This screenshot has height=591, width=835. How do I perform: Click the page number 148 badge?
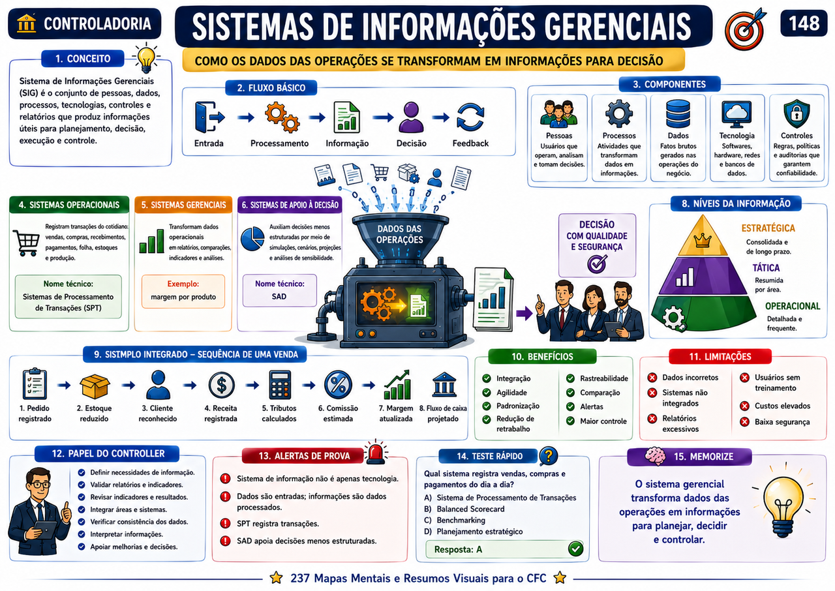click(803, 23)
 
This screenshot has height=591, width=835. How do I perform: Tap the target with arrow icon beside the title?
click(745, 29)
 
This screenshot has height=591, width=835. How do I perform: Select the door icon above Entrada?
click(209, 117)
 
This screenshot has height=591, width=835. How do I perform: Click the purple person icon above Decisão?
click(411, 117)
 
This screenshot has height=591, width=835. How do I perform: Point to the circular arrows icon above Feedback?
click(470, 117)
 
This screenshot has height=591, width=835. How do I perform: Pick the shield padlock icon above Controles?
click(797, 114)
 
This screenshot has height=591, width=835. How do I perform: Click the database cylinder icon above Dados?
click(678, 114)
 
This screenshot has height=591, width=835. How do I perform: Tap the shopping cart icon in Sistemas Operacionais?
click(27, 243)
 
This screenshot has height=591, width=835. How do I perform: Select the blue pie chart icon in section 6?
click(252, 239)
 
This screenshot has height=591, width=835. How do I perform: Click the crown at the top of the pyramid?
click(703, 240)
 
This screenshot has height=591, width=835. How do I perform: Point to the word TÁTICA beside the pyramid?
click(766, 267)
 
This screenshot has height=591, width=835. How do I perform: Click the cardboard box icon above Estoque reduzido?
click(95, 386)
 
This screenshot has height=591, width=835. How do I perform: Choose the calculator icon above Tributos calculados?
click(280, 385)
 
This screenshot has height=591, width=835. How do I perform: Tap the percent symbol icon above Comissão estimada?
click(338, 385)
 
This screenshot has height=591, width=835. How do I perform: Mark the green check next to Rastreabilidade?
click(570, 378)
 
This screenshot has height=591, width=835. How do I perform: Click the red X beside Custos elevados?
click(744, 406)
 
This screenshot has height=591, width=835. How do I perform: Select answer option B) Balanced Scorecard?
click(464, 509)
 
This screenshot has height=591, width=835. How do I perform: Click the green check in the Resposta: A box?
click(575, 549)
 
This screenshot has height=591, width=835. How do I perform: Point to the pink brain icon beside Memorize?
click(655, 456)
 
